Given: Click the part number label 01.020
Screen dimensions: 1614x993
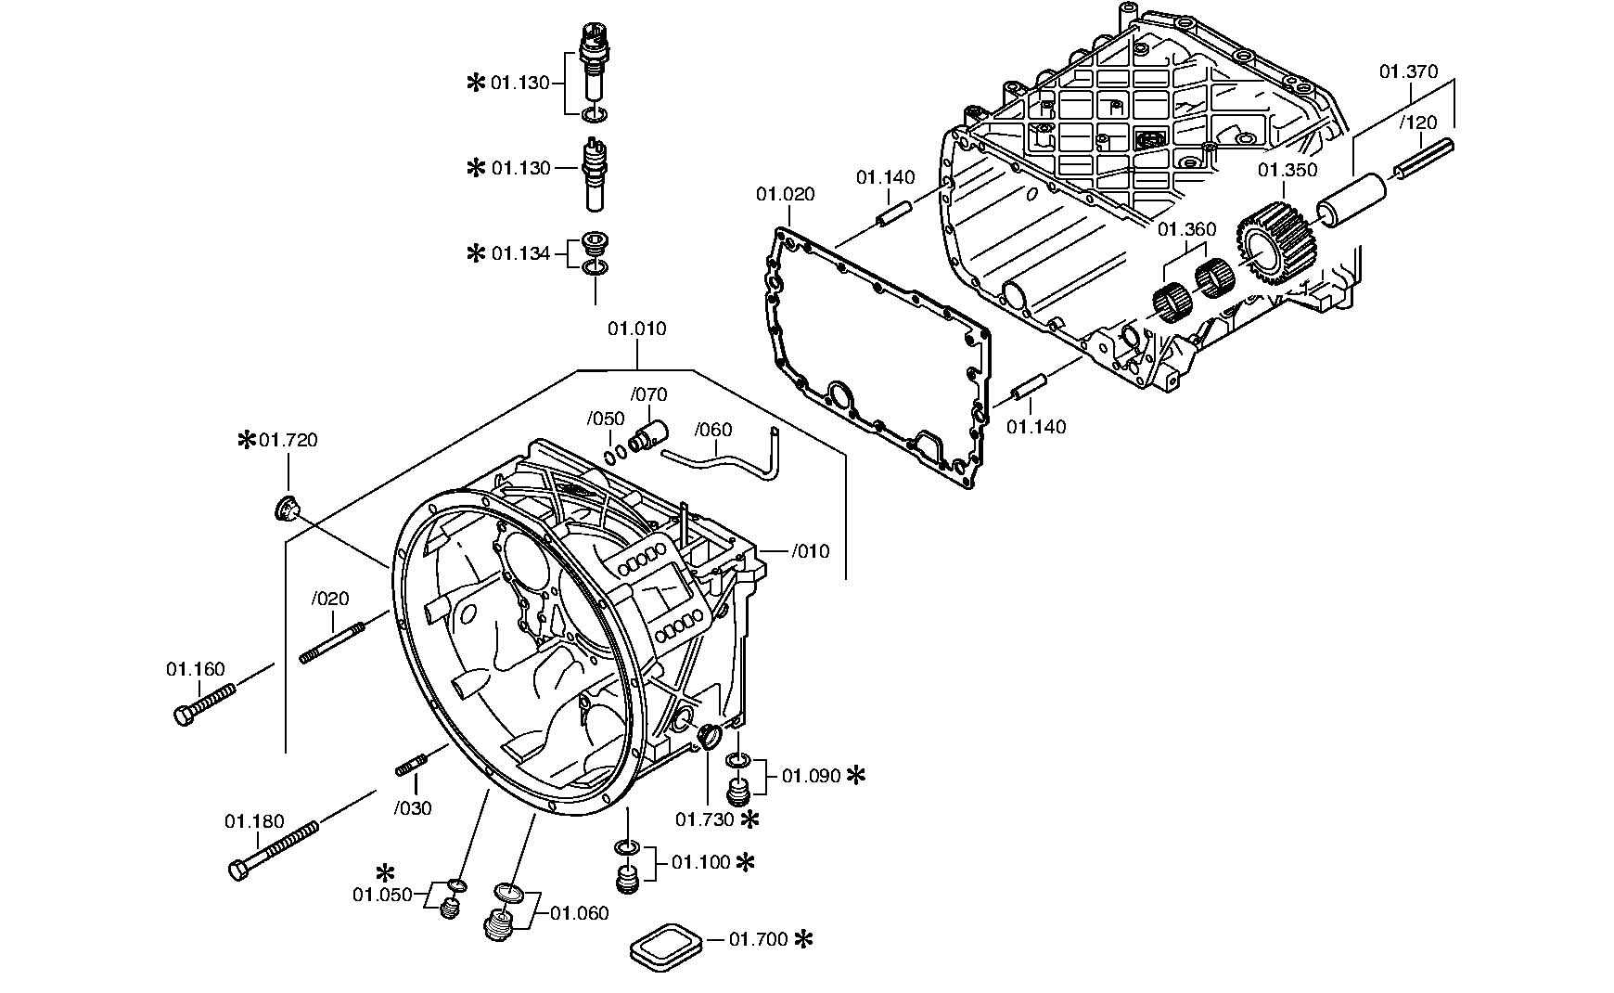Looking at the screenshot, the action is click(x=786, y=194).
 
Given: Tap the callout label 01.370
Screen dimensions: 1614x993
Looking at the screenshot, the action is click(x=1408, y=71).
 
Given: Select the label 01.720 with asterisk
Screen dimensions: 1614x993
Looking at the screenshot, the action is click(x=278, y=440).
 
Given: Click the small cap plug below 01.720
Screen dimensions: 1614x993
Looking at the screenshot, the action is click(x=288, y=509).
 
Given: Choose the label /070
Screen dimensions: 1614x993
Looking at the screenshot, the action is click(x=648, y=394).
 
